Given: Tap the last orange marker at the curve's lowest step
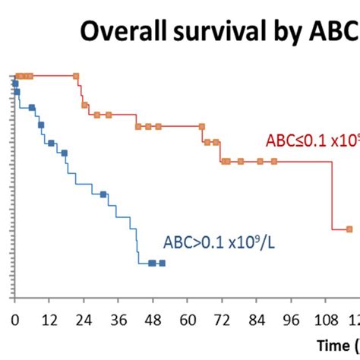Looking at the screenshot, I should (x=349, y=229).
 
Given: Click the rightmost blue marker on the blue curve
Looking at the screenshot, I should (x=162, y=263).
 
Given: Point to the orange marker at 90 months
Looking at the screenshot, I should (x=274, y=161).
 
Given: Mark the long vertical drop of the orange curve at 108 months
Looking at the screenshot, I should (x=333, y=194).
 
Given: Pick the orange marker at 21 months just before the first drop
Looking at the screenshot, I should (x=76, y=76).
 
